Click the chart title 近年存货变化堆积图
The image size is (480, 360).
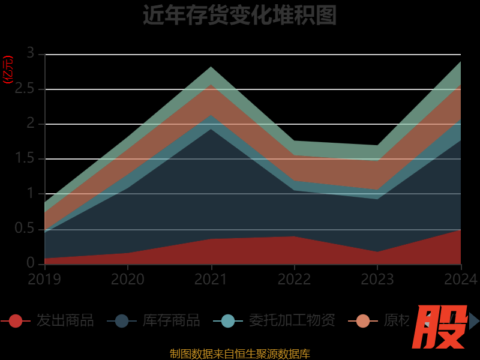click(239, 15)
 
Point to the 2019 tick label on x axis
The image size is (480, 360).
click(44, 280)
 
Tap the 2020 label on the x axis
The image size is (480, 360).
click(128, 280)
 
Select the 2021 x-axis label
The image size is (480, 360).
click(211, 280)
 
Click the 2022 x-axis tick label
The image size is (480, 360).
click(294, 280)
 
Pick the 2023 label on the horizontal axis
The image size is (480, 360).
click(377, 280)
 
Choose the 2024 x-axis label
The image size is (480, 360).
click(460, 280)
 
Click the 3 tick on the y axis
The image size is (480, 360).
click(31, 54)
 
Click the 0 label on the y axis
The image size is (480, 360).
click(31, 263)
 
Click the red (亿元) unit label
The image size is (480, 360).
click(8, 70)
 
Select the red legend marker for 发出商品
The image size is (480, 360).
click(16, 321)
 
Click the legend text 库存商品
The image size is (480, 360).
click(171, 320)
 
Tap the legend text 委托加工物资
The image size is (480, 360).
click(292, 320)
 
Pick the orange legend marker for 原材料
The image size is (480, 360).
click(363, 321)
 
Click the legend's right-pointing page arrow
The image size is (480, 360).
click(474, 321)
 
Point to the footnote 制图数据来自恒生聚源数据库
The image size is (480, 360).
click(239, 353)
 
